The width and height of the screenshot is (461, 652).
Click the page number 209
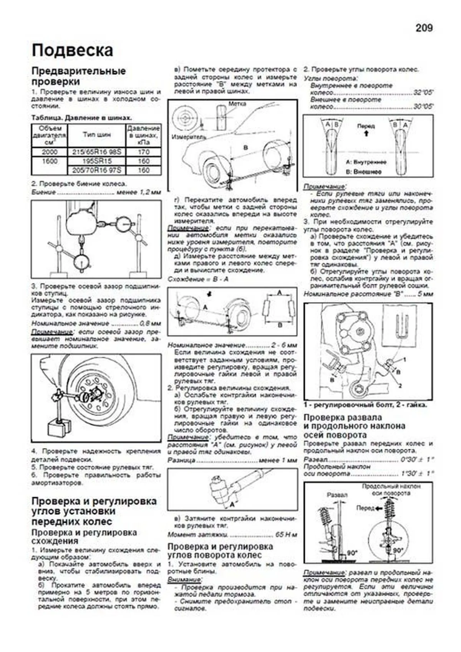424,28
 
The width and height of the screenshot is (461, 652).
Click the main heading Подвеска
72,51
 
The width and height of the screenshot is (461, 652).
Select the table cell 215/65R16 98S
97,152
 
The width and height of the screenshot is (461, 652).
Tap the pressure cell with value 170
143,152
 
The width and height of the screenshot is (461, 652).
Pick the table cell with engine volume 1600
50,161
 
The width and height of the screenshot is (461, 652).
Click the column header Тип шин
97,135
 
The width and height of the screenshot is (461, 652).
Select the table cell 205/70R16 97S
97,170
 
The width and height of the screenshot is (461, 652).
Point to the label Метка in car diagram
237,104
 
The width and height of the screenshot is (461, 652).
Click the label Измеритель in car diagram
189,137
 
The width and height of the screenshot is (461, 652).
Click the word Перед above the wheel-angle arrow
366,126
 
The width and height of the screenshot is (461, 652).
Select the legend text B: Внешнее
363,172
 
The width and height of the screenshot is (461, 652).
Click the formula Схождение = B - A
198,279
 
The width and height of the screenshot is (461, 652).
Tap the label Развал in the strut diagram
337,495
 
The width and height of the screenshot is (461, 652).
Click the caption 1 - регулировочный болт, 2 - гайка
365,405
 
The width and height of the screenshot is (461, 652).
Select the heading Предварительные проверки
78,76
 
